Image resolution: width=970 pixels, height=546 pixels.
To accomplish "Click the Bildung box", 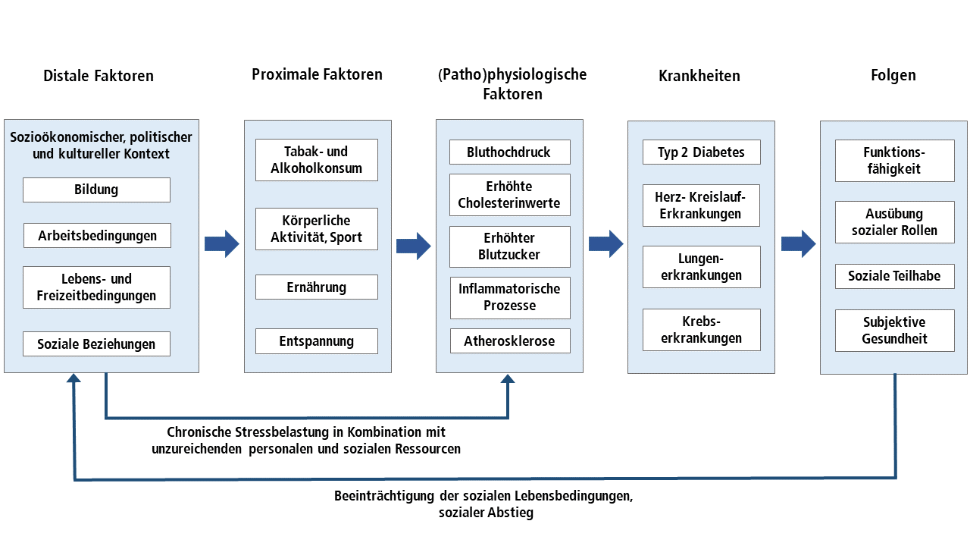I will click(x=96, y=190).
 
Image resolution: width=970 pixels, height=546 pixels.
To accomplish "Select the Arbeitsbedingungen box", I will click(x=97, y=235).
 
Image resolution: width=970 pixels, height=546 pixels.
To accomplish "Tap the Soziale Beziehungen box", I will click(x=96, y=344).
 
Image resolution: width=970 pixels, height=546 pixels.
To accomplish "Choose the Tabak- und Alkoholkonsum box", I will click(x=317, y=159).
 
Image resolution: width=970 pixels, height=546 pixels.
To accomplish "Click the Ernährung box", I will click(x=317, y=287).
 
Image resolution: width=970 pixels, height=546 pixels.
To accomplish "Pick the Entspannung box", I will click(x=317, y=340).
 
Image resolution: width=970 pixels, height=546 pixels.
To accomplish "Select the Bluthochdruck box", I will click(x=509, y=152).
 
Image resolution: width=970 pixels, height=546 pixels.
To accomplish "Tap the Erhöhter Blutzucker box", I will click(x=509, y=246).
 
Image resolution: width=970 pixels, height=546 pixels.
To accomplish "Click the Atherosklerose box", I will click(x=509, y=341).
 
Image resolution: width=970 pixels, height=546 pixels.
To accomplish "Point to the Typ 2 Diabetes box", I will click(x=701, y=152).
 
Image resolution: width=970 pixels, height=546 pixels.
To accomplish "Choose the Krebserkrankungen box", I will click(x=701, y=330).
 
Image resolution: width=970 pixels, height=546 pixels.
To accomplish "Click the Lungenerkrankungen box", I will click(x=701, y=267).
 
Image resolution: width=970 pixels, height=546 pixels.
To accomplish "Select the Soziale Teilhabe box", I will click(x=894, y=276).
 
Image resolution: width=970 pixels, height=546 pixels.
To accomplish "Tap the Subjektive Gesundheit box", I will click(x=894, y=331).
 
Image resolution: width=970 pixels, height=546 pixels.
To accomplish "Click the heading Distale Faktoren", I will click(x=99, y=76).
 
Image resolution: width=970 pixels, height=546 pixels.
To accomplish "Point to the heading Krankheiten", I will click(x=699, y=76).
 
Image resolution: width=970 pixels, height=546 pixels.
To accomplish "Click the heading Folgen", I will click(x=893, y=75).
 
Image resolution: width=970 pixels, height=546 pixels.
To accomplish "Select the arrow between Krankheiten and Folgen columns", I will click(x=798, y=244).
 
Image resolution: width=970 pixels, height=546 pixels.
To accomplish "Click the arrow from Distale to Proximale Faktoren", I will click(x=221, y=244).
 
